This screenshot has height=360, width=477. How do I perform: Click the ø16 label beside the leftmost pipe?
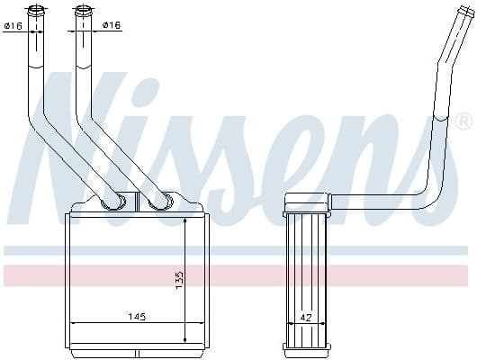click(13, 26)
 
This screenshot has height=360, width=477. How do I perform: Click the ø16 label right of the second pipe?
click(111, 26)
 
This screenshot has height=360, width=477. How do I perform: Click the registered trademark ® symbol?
click(463, 120)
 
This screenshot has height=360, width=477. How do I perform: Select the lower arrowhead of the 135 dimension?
click(185, 340)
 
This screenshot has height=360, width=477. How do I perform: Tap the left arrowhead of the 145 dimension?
click(74, 323)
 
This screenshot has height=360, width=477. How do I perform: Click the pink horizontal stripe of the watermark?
click(238, 274)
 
